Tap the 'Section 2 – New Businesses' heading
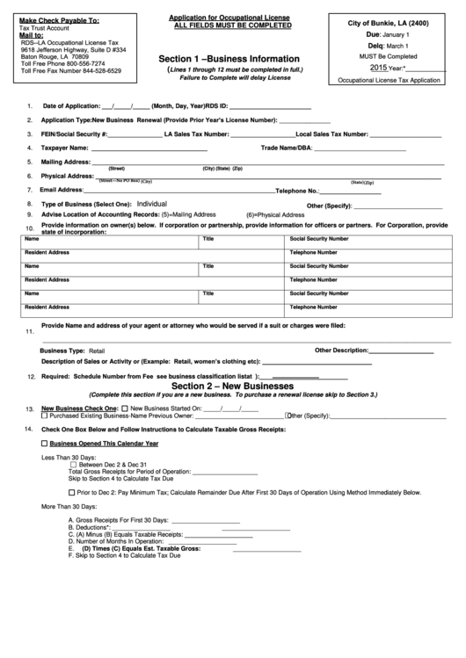(232, 386)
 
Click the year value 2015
(378, 67)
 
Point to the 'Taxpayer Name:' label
(66, 148)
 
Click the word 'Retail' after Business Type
(97, 349)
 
